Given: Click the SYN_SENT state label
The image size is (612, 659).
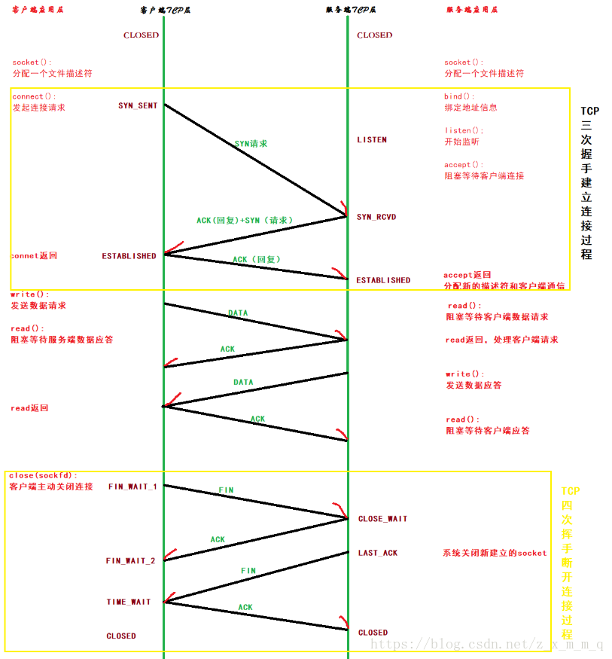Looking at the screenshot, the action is tap(138, 105).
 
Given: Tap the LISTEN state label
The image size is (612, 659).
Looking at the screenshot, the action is tap(372, 140).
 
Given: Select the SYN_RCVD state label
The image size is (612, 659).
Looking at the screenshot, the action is tap(376, 217).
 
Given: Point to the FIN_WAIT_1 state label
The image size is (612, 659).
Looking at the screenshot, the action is tap(132, 487).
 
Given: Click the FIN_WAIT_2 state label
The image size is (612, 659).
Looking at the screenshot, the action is tap(130, 560).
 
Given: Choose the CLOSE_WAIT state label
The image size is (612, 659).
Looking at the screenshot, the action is tap(382, 519).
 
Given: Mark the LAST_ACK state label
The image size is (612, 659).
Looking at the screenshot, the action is tap(378, 553).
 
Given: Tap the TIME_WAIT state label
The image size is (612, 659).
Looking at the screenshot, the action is tap(128, 602).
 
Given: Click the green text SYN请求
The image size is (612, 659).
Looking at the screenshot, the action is tap(251, 143).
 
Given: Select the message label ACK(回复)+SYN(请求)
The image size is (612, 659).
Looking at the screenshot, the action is tap(245, 220).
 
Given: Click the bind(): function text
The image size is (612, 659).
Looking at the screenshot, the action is tap(459, 96).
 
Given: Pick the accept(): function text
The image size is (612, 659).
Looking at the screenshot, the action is tap(464, 164).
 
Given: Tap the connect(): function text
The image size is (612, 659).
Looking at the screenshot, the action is tap(34, 96).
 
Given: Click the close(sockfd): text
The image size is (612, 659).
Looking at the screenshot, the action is tap(43, 475).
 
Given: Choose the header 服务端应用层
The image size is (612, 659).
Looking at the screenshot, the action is tap(472, 10).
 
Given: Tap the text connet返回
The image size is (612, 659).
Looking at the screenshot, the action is tap(34, 256).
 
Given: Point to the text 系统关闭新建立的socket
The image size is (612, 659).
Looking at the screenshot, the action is tap(495, 553).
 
